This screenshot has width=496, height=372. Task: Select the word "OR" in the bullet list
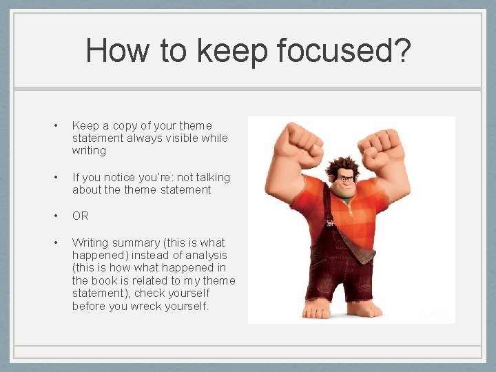[x=81, y=216]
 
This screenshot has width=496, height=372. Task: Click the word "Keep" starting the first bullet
[x=85, y=125]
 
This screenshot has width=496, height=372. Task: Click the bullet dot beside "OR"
[x=56, y=216]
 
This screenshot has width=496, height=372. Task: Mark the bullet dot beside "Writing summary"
[x=56, y=242]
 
